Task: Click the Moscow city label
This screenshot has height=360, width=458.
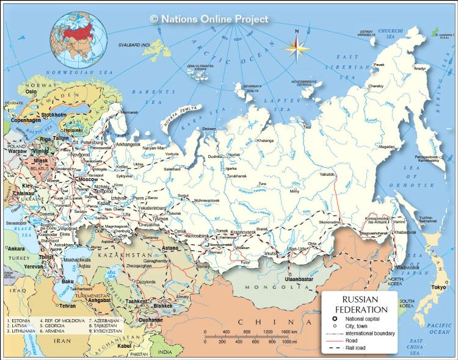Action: point(88,180)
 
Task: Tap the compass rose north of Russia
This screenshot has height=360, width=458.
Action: point(297,46)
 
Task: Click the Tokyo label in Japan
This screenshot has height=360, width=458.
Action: point(437,287)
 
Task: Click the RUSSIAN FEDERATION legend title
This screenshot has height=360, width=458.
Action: point(360,304)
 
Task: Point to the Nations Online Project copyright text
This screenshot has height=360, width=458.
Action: point(209,19)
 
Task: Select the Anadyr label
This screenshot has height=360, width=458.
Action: point(421,68)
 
